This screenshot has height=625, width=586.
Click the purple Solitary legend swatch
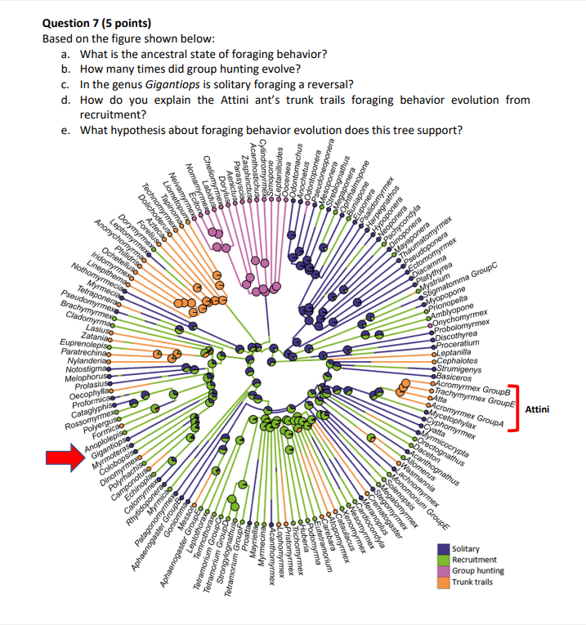pyautogui.click(x=443, y=550)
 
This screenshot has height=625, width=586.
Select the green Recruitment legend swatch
pyautogui.click(x=443, y=560)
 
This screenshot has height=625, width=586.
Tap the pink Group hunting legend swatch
pyautogui.click(x=443, y=571)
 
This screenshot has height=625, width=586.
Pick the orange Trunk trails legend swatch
pyautogui.click(x=443, y=582)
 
